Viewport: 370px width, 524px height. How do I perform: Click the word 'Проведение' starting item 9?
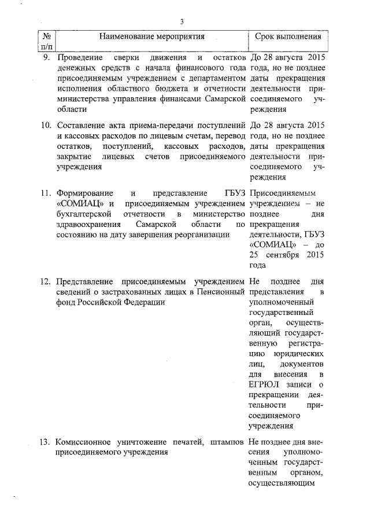click(x=79, y=58)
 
